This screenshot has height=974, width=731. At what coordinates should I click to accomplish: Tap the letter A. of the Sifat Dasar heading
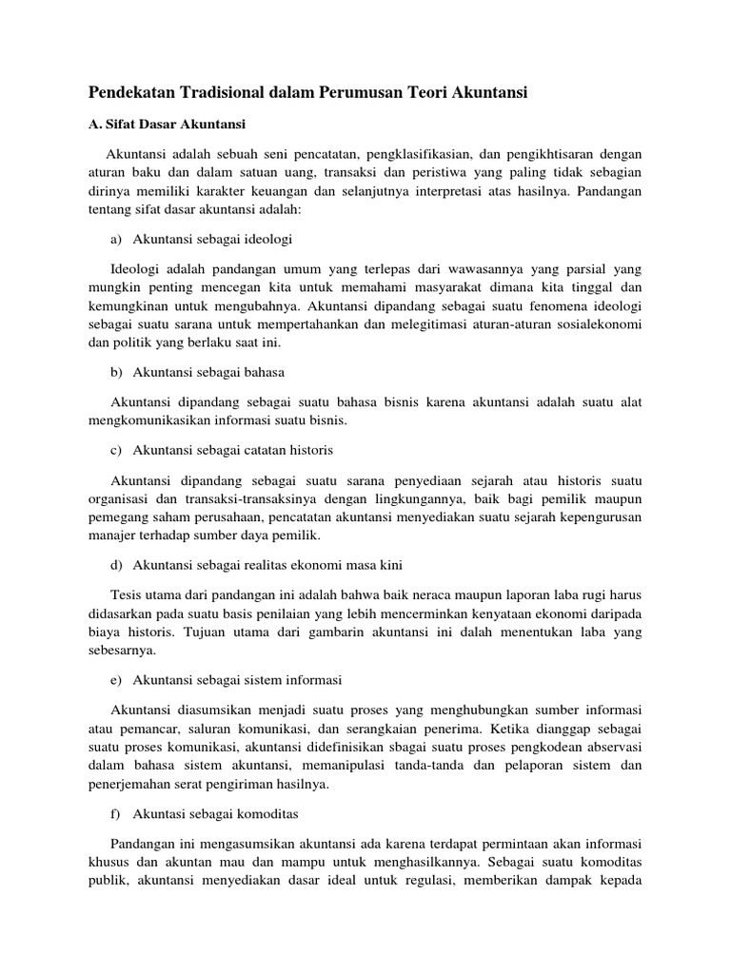[94, 125]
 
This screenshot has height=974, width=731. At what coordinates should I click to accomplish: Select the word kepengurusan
[597, 516]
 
